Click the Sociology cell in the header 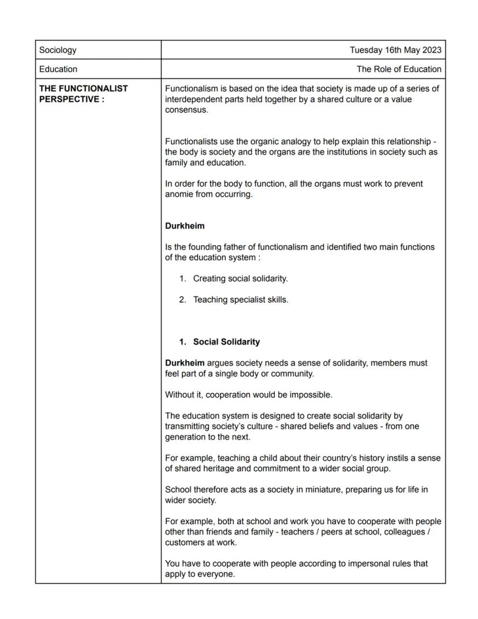coord(58,50)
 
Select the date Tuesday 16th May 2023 coord(395,50)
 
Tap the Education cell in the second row coord(58,69)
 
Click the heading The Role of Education coord(399,69)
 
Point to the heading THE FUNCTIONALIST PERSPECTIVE coord(83,94)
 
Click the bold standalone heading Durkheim coord(185,226)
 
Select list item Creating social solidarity coord(240,279)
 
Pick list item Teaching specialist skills coord(240,299)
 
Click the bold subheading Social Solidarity coord(226,342)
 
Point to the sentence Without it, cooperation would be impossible coord(248,395)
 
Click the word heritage coord(222,469)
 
